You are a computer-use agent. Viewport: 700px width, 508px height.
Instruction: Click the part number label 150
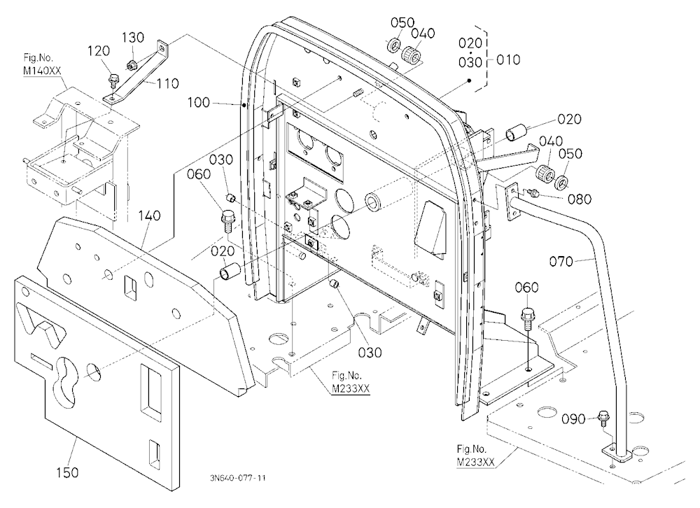tap(67, 472)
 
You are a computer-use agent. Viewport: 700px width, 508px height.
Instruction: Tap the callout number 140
tap(149, 216)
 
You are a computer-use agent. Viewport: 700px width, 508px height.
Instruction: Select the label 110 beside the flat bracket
tap(167, 83)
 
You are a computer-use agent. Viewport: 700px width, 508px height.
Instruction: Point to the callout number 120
tap(98, 51)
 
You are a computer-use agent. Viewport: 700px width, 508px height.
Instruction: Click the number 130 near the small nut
tap(132, 38)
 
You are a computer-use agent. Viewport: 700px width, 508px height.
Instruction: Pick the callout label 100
tap(198, 103)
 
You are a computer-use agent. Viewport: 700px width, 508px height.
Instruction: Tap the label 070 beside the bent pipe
tap(561, 261)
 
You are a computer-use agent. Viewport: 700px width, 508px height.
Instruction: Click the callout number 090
tap(573, 419)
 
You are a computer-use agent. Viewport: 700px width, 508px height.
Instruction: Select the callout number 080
tap(580, 199)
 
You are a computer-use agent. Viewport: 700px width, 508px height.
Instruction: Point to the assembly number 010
tap(508, 59)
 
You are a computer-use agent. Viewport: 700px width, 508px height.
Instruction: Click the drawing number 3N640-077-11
tap(237, 478)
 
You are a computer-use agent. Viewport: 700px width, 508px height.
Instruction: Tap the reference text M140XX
tap(43, 71)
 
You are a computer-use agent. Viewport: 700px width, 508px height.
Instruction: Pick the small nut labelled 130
tap(131, 65)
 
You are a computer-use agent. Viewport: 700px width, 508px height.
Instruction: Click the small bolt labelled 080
tap(532, 192)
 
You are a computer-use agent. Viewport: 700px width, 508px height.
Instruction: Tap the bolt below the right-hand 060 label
tap(527, 316)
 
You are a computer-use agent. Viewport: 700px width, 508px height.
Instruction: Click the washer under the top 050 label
tap(393, 45)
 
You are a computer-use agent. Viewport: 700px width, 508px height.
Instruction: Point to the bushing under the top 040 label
tap(410, 56)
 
